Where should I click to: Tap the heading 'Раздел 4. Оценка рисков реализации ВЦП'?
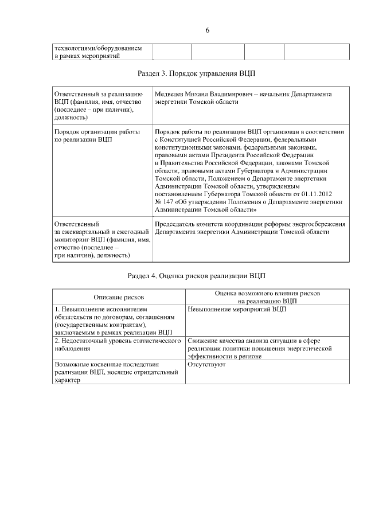(200, 276)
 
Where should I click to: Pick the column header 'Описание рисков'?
(119, 297)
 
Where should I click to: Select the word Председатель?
(179, 223)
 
